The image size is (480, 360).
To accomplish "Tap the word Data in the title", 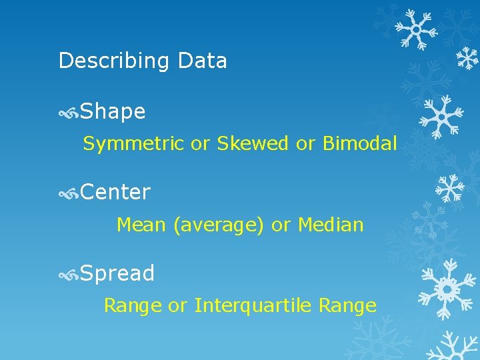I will pos(203,61).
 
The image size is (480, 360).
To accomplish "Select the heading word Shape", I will pos(113,112).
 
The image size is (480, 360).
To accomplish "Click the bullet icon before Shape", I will pos(69,113).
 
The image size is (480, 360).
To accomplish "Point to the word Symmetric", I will pos(133,143).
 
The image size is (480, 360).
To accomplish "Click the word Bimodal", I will pos(359,143).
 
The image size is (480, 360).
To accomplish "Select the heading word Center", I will pos(115,193).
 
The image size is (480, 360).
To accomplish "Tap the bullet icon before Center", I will pos(69,193).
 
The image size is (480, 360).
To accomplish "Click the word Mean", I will pos(141,225).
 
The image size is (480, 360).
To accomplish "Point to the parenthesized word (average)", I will pos(218,225).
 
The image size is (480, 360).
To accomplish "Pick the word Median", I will pos(331,225).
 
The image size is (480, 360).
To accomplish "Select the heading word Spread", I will pos(117,273).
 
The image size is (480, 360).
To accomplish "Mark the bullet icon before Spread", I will pos(69,274).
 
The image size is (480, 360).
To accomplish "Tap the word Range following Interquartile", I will pos(347,306).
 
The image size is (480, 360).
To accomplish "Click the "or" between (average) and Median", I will pos(281,225).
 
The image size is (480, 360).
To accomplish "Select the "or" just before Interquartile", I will pos(177,306).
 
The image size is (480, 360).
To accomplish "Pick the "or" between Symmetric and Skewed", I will pos(200,143).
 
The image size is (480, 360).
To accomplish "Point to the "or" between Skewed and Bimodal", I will pos(305,143).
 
